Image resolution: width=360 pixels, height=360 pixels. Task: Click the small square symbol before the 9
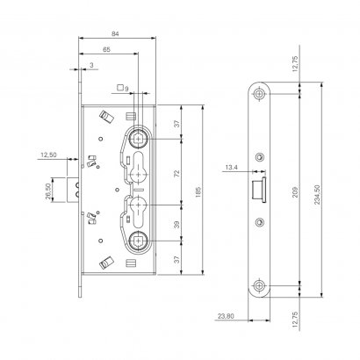point(119,87)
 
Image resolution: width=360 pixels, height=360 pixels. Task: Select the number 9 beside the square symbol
point(126,89)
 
